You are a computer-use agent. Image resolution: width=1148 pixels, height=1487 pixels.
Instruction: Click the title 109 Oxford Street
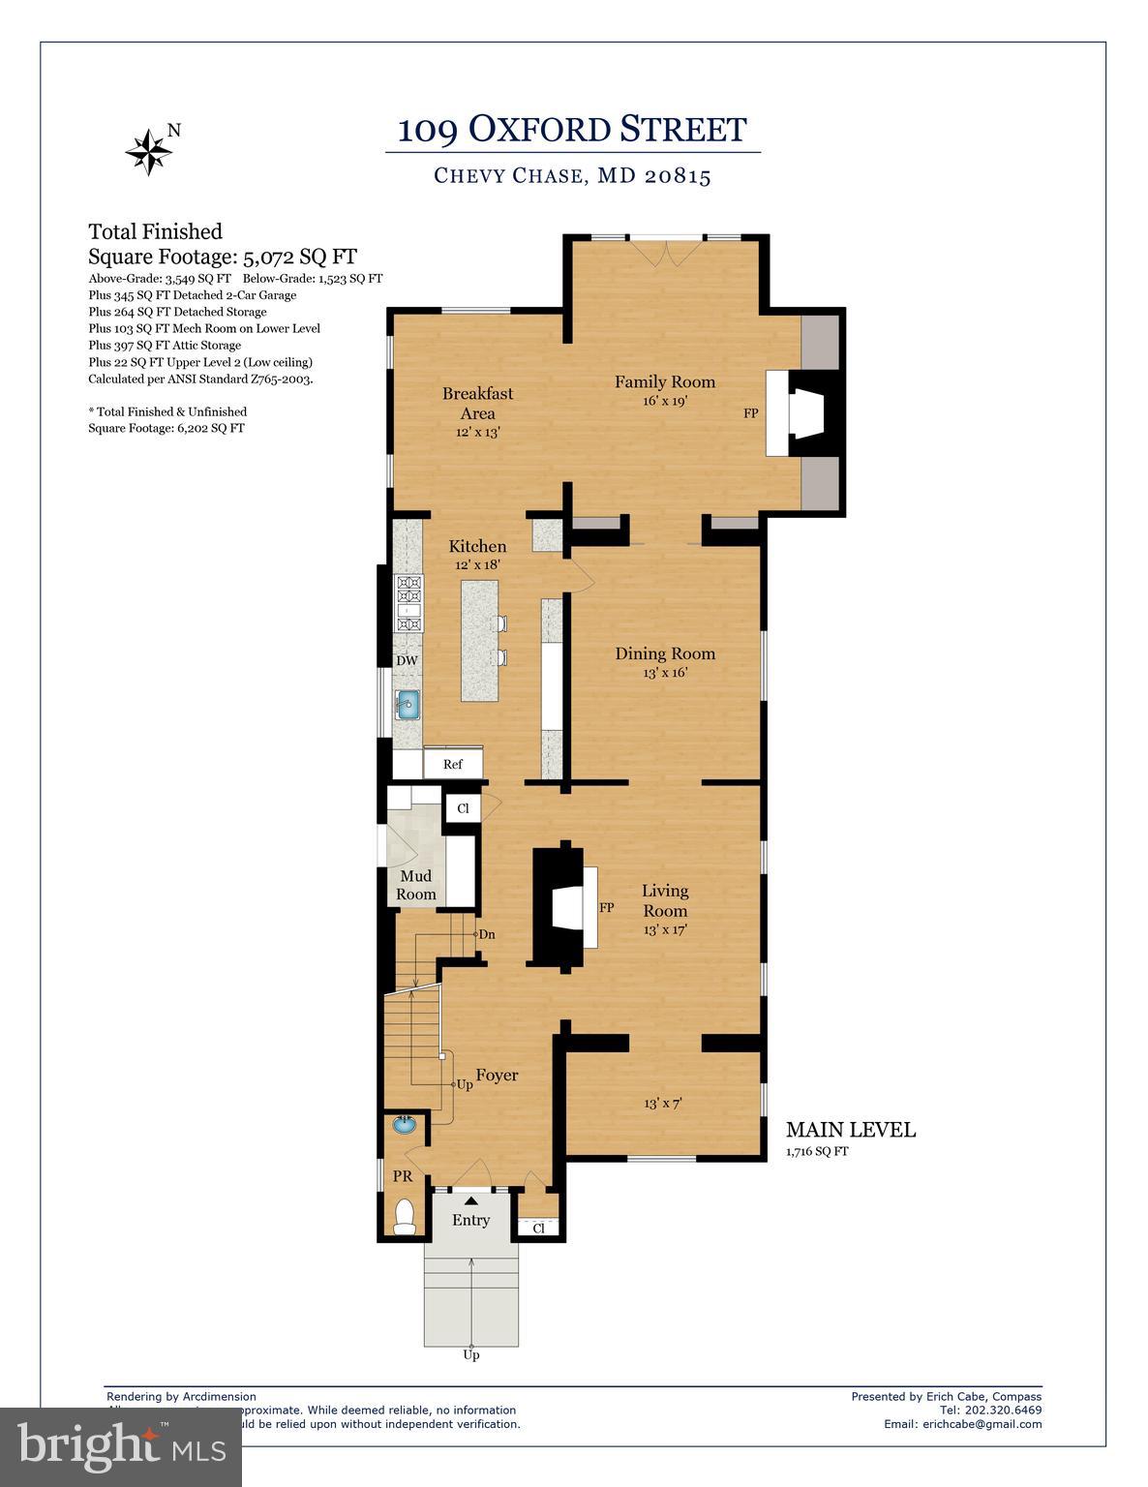[572, 129]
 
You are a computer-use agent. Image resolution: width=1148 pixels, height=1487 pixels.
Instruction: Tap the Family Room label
[664, 382]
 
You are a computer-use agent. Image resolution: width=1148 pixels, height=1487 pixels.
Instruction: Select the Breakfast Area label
[477, 403]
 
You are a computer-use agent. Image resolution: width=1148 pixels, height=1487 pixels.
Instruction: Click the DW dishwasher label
[407, 661]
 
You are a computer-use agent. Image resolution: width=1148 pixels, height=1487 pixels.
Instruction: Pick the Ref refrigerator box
[453, 764]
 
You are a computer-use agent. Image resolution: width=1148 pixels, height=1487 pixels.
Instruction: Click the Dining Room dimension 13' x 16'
[664, 673]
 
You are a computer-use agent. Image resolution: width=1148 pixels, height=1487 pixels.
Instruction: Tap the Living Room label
[665, 900]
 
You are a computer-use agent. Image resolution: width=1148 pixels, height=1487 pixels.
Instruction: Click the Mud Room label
[415, 885]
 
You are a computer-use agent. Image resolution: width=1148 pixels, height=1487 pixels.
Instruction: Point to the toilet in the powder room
[405, 1217]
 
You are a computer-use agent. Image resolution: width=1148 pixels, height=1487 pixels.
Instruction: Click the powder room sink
[405, 1126]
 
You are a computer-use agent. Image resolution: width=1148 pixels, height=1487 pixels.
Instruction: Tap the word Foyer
[497, 1076]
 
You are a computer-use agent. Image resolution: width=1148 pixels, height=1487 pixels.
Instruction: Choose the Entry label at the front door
[470, 1221]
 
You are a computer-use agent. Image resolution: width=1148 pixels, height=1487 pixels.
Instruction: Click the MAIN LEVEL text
[850, 1130]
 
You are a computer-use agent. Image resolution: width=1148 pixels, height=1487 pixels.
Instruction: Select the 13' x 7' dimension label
[663, 1104]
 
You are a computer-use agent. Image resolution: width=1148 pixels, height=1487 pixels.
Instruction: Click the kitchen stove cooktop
[408, 603]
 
